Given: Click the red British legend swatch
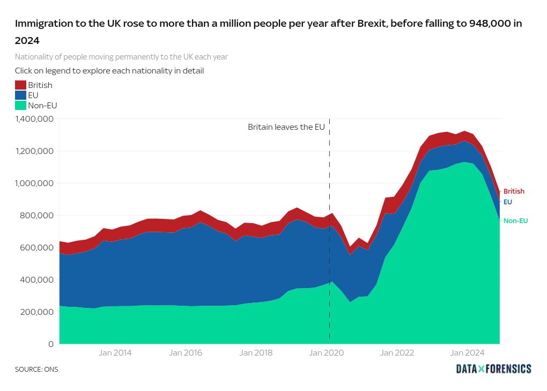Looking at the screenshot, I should click(20, 85).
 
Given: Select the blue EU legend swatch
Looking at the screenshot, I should click(20, 95).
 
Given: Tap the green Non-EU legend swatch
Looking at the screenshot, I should click(20, 105).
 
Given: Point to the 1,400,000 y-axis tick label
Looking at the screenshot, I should click(34, 119).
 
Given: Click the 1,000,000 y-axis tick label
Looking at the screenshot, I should click(34, 183).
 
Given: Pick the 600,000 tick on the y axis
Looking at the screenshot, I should click(38, 248).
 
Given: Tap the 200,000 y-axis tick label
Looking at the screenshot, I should click(38, 312).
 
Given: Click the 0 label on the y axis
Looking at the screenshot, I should click(51, 344).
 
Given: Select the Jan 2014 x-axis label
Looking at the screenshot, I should click(115, 353).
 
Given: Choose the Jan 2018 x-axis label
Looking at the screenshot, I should click(256, 353).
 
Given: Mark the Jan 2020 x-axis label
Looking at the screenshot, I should click(326, 353).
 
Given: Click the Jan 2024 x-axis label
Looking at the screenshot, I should click(467, 353).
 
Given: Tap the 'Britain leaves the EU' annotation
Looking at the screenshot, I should click(286, 127).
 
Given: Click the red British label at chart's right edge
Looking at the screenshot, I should click(514, 191).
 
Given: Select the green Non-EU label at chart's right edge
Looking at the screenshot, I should click(515, 220).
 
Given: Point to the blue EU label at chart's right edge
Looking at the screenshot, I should click(507, 202).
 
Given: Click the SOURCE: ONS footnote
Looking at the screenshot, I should click(36, 370).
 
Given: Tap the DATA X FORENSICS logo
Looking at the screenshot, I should click(493, 369).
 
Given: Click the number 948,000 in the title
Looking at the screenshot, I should click(492, 24).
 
